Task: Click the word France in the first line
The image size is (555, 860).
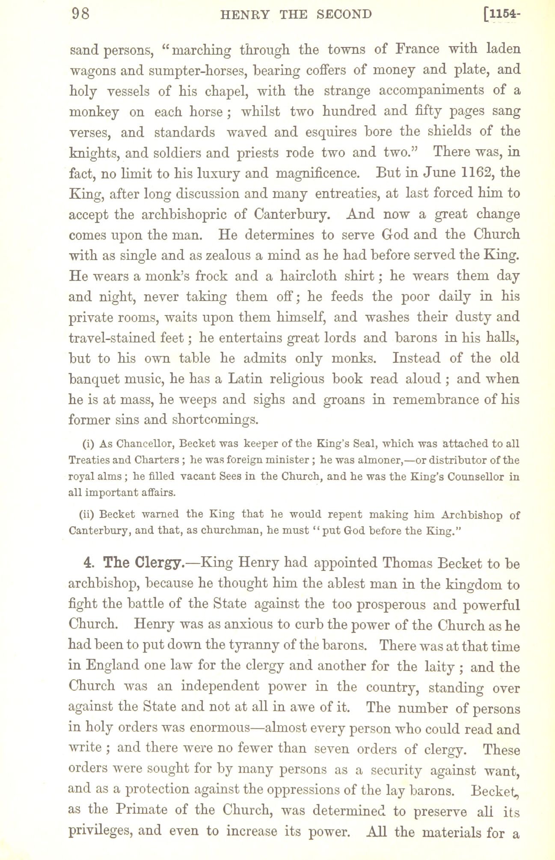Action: click(417, 49)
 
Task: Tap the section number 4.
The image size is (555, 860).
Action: click(89, 563)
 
